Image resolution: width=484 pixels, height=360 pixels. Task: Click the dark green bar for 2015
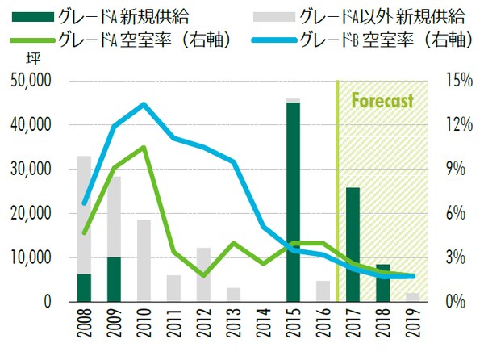point(293,202)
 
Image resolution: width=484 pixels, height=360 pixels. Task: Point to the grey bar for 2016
point(322,291)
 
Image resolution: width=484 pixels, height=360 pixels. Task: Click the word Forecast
point(382,102)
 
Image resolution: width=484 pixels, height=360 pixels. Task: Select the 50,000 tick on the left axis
point(31,82)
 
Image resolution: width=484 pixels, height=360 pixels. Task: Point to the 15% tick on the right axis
point(453,82)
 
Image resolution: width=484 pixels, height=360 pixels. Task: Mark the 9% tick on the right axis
point(453,170)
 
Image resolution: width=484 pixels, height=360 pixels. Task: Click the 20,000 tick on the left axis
point(31,214)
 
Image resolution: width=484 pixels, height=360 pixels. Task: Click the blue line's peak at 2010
point(144,104)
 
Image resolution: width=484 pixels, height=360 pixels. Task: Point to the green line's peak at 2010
point(144,147)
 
